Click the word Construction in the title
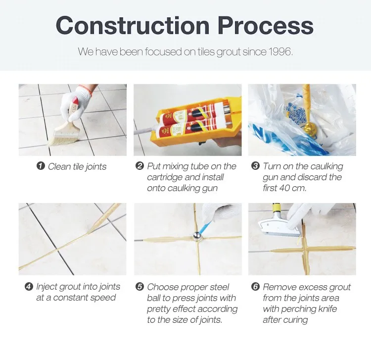pyautogui.click(x=133, y=25)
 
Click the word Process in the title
pyautogui.click(x=266, y=25)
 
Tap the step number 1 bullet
pyautogui.click(x=41, y=166)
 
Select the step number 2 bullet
pyautogui.click(x=139, y=165)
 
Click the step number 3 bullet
pyautogui.click(x=255, y=165)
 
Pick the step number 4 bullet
pyautogui.click(x=29, y=286)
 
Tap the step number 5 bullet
pyautogui.click(x=139, y=287)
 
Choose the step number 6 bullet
pyautogui.click(x=255, y=287)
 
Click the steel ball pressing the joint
pyautogui.click(x=197, y=236)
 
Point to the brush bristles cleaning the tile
pyautogui.click(x=63, y=140)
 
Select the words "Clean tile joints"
pyautogui.click(x=77, y=166)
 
